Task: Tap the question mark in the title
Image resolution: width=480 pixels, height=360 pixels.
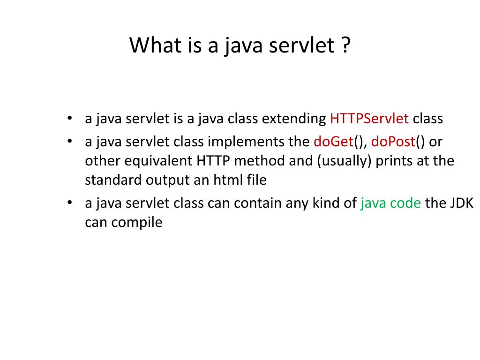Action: click(346, 45)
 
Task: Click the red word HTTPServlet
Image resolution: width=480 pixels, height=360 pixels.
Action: click(369, 119)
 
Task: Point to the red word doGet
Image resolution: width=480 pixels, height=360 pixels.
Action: click(333, 141)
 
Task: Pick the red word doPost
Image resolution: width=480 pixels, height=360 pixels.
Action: click(393, 141)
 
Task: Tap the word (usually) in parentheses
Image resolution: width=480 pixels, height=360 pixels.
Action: click(344, 161)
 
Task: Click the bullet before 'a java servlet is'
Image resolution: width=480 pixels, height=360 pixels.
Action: click(69, 118)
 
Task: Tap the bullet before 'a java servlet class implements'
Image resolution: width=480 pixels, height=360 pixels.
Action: click(69, 141)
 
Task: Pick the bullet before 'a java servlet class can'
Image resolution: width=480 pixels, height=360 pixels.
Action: click(69, 202)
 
